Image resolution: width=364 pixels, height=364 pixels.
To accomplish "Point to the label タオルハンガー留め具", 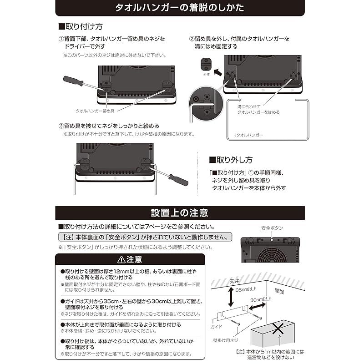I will pyautogui.click(x=95, y=111).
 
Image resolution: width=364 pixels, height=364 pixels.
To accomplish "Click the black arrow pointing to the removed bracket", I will pyautogui.click(x=218, y=71).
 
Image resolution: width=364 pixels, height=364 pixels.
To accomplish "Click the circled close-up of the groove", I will pyautogui.click(x=202, y=101).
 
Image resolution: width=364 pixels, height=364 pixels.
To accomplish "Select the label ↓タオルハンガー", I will pyautogui.click(x=248, y=135).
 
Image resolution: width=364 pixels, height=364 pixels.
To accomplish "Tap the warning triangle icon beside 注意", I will pyautogui.click(x=121, y=260).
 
